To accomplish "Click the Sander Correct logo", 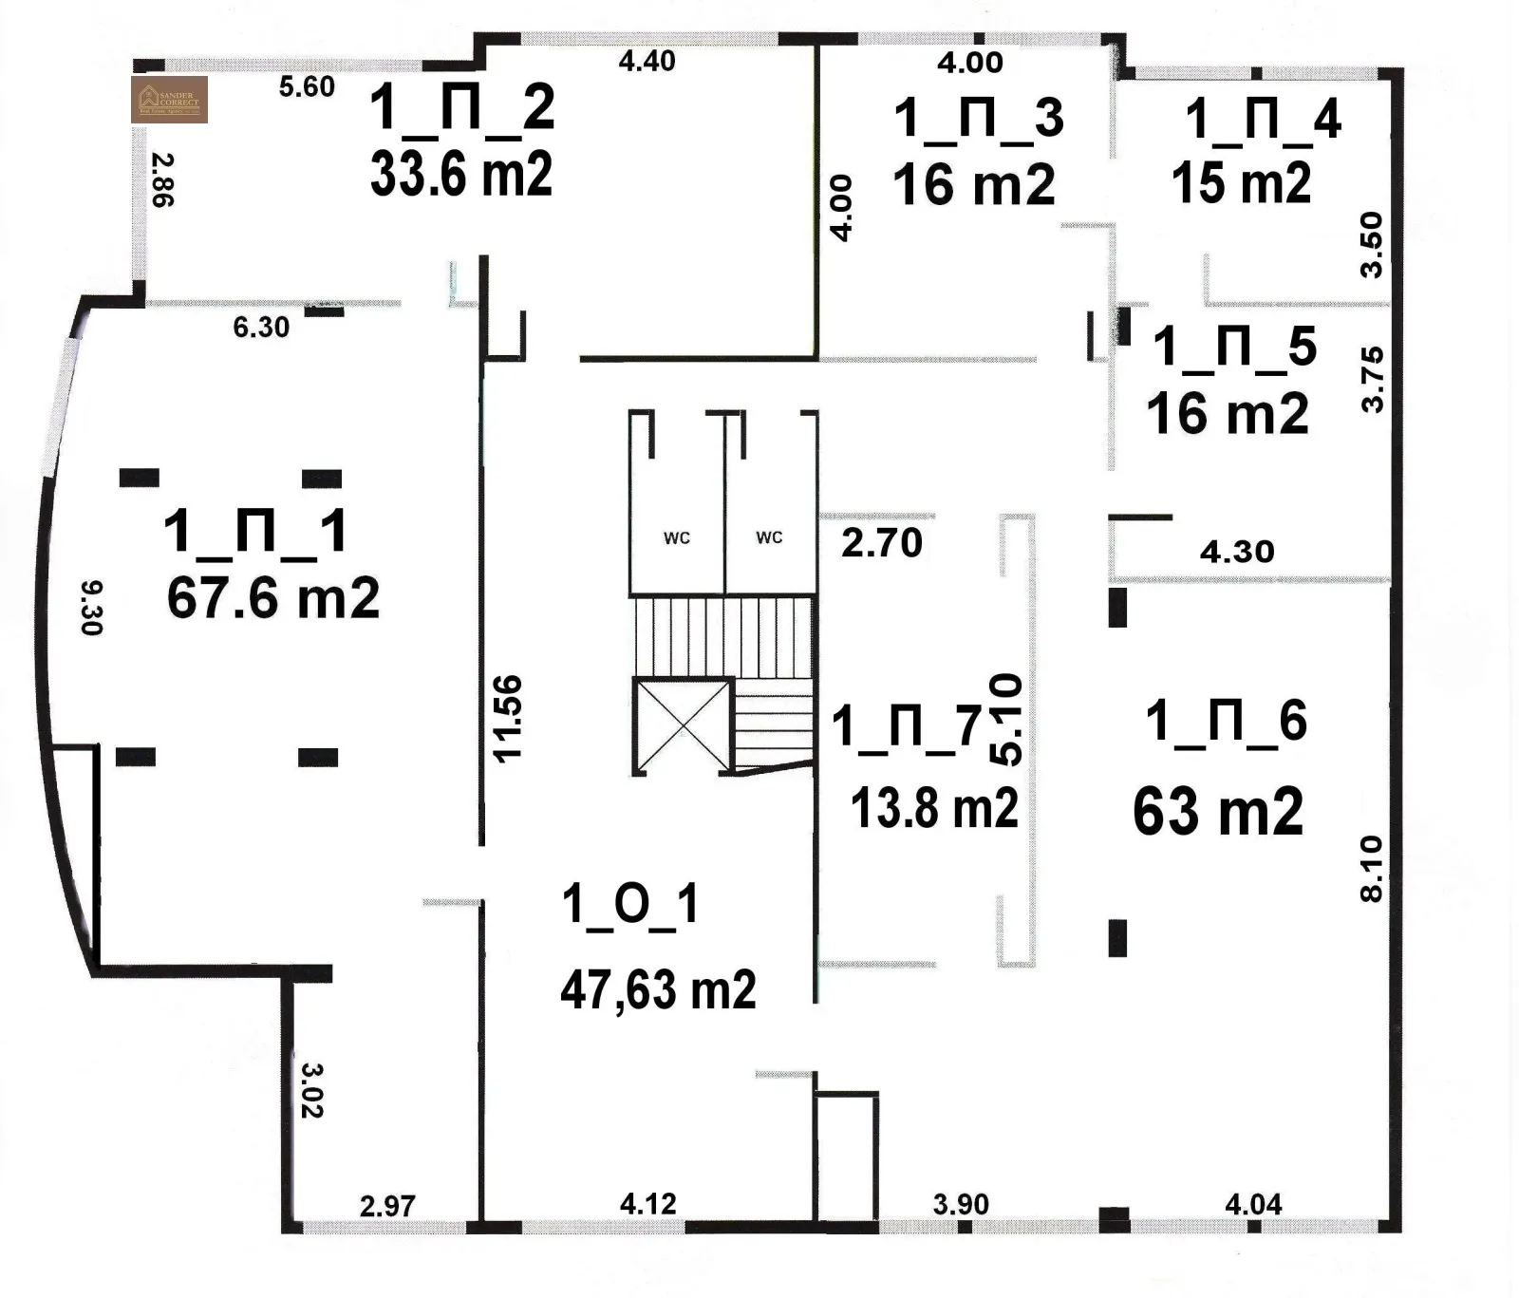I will tap(169, 100).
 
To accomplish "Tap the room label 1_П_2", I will tap(461, 107).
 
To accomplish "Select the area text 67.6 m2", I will tap(272, 598).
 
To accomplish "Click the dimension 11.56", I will tap(508, 718).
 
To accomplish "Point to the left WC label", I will tap(677, 538).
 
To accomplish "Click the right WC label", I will tap(769, 537).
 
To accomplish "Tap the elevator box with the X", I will tap(683, 726).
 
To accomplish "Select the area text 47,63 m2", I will tap(658, 990).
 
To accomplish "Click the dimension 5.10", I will tap(1007, 720).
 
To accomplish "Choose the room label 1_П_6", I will tap(1226, 721).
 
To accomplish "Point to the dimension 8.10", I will tap(1372, 869).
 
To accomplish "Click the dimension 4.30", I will tap(1236, 552).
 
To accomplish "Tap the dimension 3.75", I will tap(1373, 379).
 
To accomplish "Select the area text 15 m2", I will tap(1241, 182).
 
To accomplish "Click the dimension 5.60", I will tap(307, 86).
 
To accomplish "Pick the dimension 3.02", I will tap(312, 1089).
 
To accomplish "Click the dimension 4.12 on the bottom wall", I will tap(648, 1204).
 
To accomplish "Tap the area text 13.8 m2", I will tap(934, 808).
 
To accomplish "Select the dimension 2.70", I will tap(882, 544).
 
